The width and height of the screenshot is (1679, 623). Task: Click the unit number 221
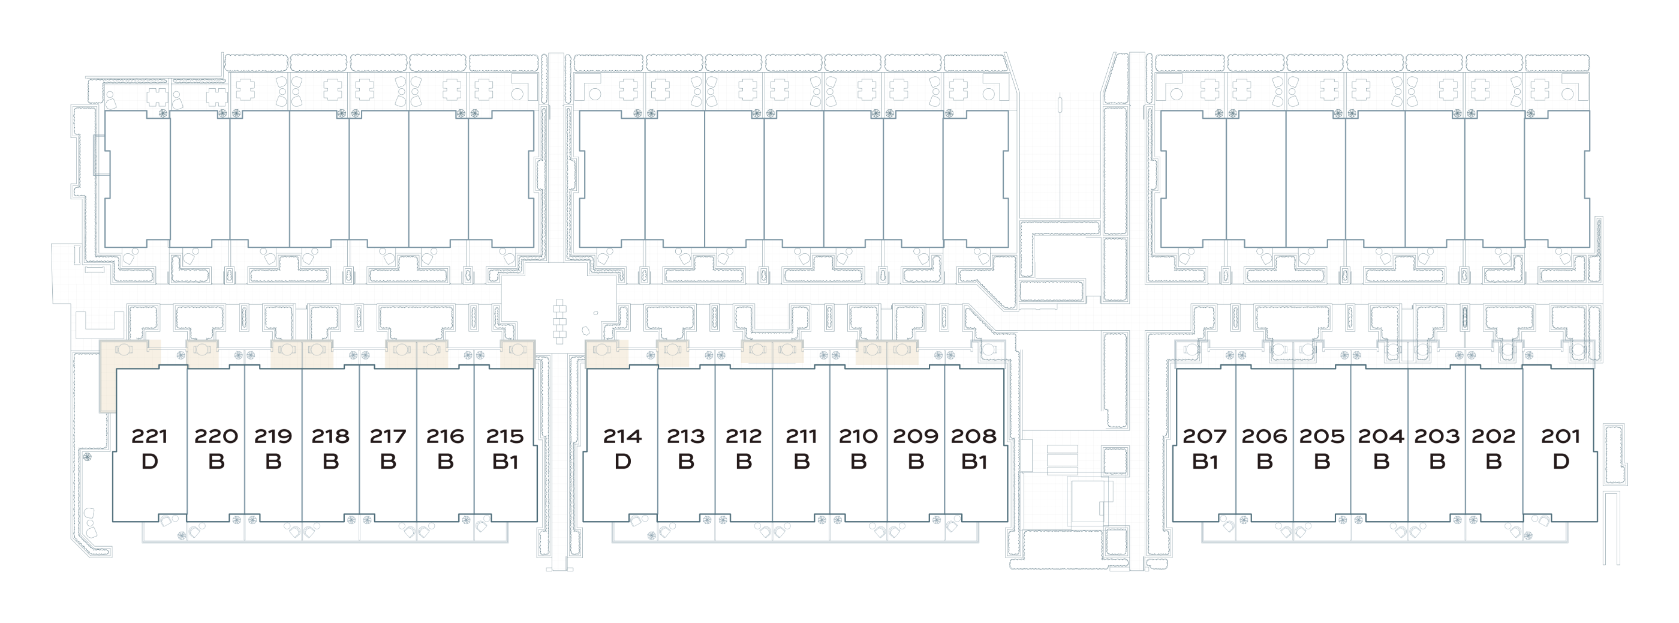click(x=149, y=436)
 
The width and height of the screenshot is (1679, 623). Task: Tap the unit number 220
click(x=216, y=436)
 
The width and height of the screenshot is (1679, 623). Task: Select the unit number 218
click(x=330, y=436)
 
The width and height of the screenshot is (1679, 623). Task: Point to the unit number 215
click(x=504, y=436)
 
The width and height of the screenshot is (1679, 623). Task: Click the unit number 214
click(x=622, y=436)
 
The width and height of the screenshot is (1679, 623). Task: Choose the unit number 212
click(x=744, y=436)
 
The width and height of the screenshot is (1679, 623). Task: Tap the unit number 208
click(x=974, y=436)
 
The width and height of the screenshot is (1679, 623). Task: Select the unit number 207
click(x=1205, y=436)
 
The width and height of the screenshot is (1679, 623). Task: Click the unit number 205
click(x=1321, y=436)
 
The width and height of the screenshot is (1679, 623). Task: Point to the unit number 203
click(x=1437, y=436)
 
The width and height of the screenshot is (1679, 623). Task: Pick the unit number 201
click(x=1560, y=436)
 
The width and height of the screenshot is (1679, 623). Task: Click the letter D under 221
click(x=149, y=462)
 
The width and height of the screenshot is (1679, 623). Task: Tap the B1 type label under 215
click(x=504, y=462)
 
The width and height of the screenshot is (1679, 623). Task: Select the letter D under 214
click(x=622, y=462)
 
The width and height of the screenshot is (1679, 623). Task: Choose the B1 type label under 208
click(x=974, y=462)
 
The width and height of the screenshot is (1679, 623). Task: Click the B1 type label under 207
click(x=1205, y=462)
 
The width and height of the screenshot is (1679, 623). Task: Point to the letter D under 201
click(x=1560, y=462)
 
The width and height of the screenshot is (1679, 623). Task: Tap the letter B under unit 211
click(x=801, y=462)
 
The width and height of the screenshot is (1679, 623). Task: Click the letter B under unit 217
click(x=388, y=462)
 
